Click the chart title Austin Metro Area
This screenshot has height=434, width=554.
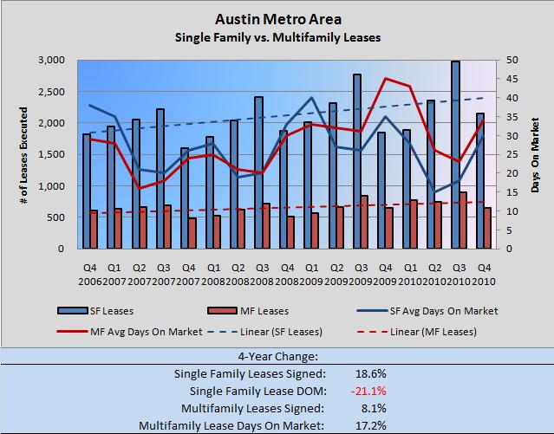point(277,17)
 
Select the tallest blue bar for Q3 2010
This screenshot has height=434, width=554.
point(455,155)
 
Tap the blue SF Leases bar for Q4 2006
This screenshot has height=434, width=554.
point(87,191)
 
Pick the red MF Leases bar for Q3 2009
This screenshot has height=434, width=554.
point(364,222)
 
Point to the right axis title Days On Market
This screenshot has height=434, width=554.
point(535,154)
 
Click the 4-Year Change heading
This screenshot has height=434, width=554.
point(277,355)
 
